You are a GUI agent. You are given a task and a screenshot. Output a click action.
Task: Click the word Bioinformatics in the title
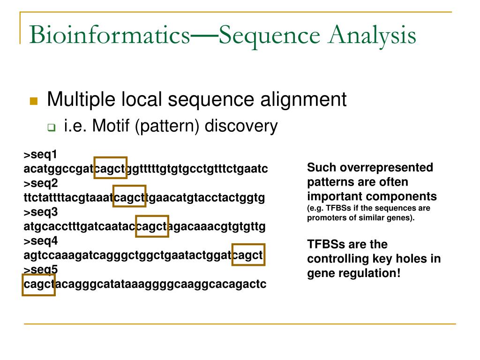pos(109,36)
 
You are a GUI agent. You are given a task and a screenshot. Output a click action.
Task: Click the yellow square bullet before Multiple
pos(33,101)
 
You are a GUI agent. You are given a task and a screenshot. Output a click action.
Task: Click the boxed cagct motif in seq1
pos(111,168)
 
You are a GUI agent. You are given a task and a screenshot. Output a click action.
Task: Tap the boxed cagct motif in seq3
pos(151,226)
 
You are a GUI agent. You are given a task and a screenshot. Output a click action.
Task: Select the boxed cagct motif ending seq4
pos(248,255)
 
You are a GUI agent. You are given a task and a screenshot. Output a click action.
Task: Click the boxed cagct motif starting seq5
pos(38,284)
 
